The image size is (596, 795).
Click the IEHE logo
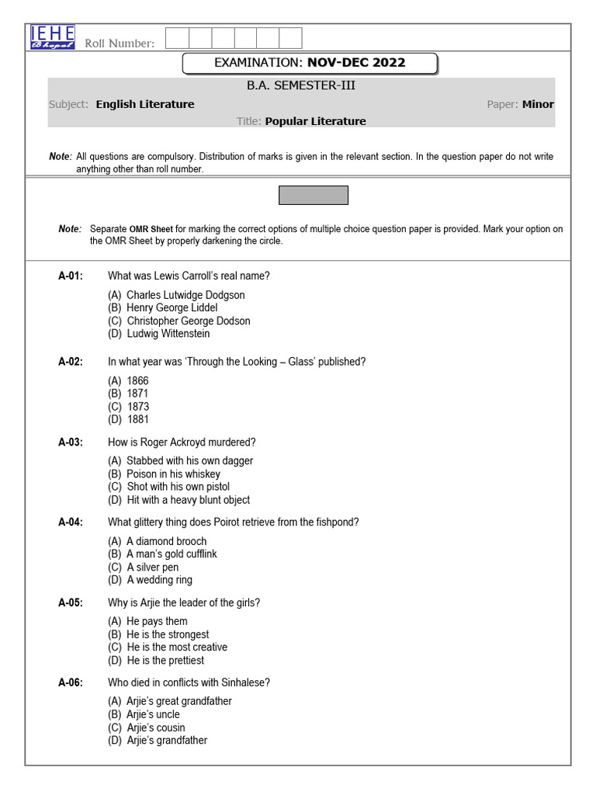pos(53,37)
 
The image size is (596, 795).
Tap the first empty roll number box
pos(178,38)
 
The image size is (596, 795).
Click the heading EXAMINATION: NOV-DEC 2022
pos(310,63)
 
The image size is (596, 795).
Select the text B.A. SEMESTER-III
pos(301,85)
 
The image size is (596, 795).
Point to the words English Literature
pos(145,104)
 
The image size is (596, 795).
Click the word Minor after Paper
pos(538,104)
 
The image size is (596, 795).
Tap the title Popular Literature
pos(315,121)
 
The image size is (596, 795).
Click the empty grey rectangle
pos(314,195)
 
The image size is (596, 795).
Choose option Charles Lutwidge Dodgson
pos(185,295)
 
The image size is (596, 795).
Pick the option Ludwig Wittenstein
pos(168,334)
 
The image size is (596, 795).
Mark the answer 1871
pos(137,394)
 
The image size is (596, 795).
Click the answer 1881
pos(138,420)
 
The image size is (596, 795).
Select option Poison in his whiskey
pos(173,474)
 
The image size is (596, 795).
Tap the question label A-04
pos(71,522)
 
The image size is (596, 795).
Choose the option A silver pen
pos(152,567)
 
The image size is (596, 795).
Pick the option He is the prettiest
pos(165,660)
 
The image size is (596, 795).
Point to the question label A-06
pos(71,683)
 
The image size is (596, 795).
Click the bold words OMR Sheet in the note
pos(151,229)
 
